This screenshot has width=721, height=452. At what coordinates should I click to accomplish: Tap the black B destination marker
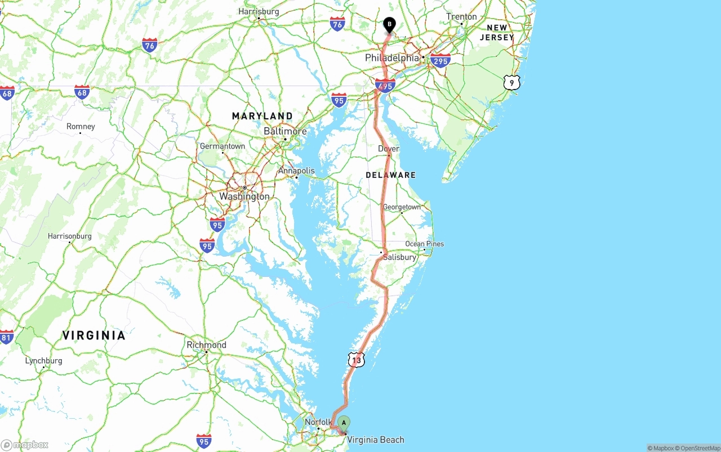[389, 25]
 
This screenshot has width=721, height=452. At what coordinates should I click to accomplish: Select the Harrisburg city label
[259, 11]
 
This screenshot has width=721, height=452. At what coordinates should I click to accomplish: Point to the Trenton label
[461, 17]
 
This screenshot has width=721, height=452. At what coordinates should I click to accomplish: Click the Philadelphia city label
[392, 58]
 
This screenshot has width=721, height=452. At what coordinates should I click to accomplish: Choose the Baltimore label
[285, 131]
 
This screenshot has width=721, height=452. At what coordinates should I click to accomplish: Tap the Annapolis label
[296, 171]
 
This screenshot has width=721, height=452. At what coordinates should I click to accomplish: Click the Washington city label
[244, 196]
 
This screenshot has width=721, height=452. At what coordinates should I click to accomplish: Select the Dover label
[389, 149]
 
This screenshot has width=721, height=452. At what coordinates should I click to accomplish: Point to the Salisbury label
[399, 257]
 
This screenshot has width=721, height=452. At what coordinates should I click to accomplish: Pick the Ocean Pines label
[425, 244]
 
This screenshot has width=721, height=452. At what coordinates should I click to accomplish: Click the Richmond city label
[207, 345]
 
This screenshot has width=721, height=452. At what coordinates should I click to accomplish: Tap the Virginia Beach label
[376, 440]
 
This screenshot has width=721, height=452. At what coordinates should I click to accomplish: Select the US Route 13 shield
[356, 360]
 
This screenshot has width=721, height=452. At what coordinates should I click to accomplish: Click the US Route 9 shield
[511, 83]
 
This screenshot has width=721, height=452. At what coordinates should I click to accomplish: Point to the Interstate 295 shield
[440, 61]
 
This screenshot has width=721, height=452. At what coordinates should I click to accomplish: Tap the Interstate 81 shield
[6, 338]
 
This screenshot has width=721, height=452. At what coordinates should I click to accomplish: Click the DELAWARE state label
[390, 175]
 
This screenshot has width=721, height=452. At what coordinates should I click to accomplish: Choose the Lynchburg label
[43, 361]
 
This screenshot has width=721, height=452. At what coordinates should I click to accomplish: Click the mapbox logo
[25, 445]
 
